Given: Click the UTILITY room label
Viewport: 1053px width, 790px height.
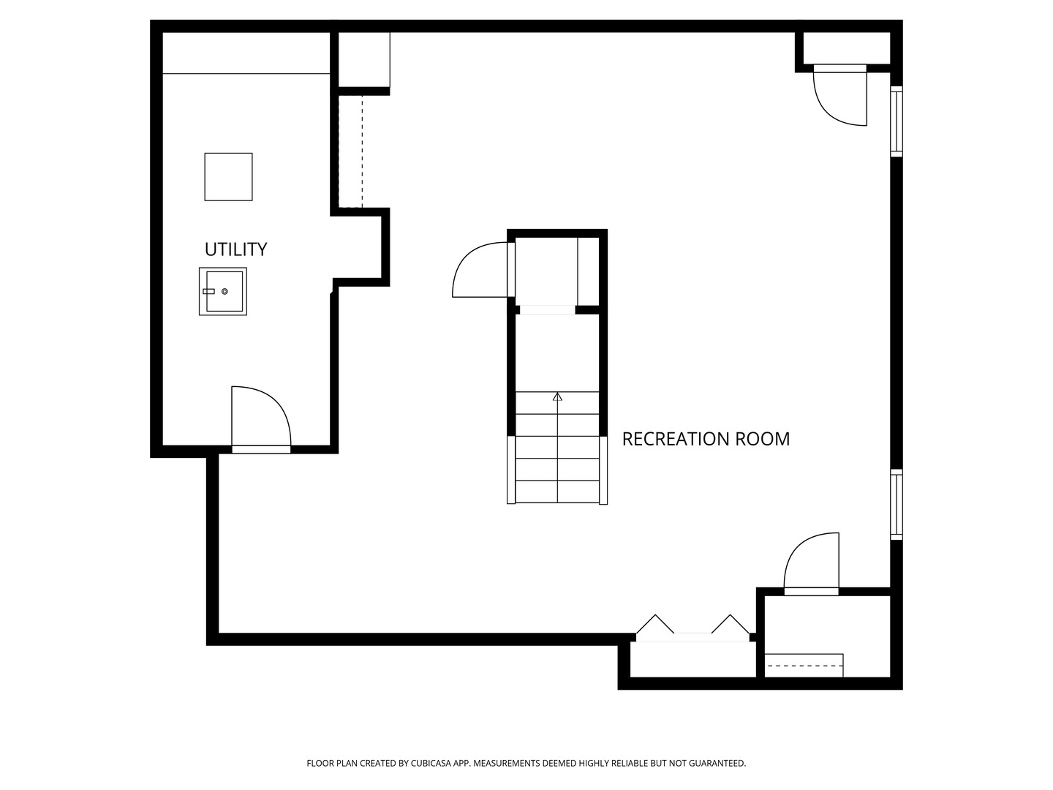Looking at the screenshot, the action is (x=235, y=249).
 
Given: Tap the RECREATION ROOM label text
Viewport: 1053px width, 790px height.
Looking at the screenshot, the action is (x=706, y=439).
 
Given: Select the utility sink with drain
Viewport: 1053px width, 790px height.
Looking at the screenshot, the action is (x=223, y=291).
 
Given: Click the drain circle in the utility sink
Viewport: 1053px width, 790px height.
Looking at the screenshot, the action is (x=224, y=291).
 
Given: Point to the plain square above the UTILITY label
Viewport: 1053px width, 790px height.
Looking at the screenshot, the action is (x=228, y=176).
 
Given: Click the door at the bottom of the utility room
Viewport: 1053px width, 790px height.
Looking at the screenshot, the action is (x=261, y=419).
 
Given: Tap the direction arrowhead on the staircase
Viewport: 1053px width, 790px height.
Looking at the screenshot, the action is (x=557, y=396).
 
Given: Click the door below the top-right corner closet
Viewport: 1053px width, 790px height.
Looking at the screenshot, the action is (x=840, y=95).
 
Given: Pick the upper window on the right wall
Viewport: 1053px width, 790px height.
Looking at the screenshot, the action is (x=896, y=121).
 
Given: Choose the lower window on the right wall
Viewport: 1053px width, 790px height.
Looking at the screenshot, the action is (x=896, y=504).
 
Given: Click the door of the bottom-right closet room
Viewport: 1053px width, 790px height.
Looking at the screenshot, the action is (x=811, y=563).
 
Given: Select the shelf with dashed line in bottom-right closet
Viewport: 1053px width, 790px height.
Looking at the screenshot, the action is (x=804, y=666).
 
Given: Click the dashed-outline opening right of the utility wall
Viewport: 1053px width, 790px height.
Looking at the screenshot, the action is (x=350, y=151).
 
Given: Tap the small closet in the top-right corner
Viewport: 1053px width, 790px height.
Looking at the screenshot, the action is (x=847, y=48).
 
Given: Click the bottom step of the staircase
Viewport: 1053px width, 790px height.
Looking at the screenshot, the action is (x=557, y=492).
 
